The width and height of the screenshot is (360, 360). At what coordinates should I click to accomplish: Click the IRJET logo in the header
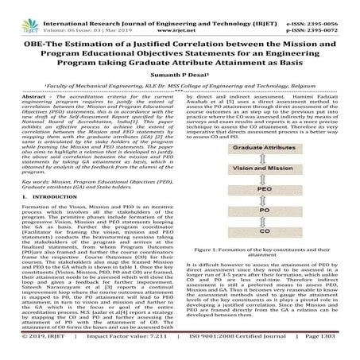coord(24,10)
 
